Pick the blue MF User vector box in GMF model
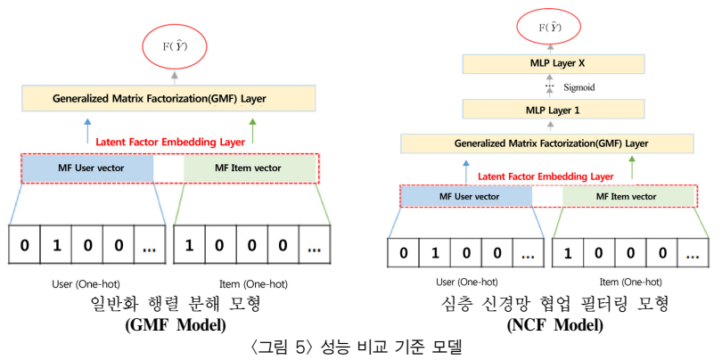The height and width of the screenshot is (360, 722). [x=86, y=168]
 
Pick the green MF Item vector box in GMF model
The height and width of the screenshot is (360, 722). [x=250, y=168]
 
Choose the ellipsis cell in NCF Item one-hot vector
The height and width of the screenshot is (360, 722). [x=689, y=253]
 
